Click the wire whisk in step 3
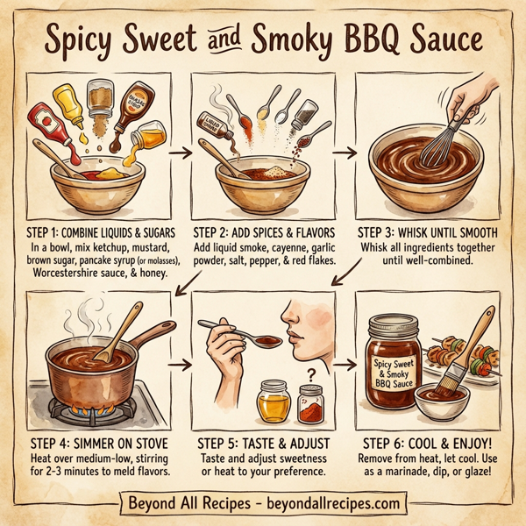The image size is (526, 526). pos(437,146)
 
